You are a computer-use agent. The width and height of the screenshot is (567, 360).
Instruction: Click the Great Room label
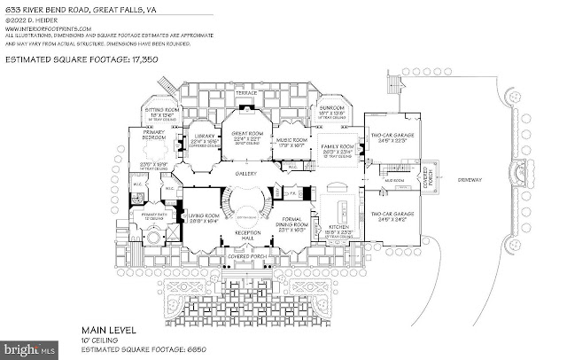245,138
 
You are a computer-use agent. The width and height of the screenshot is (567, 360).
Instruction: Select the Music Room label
291,139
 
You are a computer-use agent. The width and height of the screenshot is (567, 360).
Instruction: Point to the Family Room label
338,145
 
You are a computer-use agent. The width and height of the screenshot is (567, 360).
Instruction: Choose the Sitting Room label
160,111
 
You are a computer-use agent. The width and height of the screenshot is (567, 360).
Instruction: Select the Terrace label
245,93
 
